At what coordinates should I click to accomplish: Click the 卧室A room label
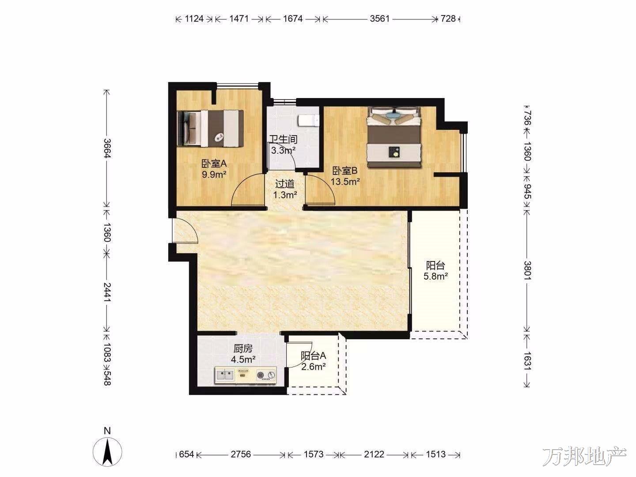pos(214,164)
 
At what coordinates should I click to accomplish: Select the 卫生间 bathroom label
pos(284,139)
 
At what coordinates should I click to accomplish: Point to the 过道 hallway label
pos(284,184)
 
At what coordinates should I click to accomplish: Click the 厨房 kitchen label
pos(243,348)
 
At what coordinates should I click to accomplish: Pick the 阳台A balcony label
pos(313,356)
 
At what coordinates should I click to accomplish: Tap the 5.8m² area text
pos(435,276)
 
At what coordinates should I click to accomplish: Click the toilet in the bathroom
pos(308,121)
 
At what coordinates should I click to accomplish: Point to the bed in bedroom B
pos(394,137)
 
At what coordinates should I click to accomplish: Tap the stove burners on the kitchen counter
pos(266,375)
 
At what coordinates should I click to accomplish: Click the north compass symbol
pos(107,452)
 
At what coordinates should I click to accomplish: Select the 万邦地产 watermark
pos(584,457)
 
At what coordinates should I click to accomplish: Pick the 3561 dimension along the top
pos(379,19)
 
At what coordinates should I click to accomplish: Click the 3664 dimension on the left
pos(107,148)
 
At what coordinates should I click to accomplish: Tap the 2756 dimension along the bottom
pos(241,454)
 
